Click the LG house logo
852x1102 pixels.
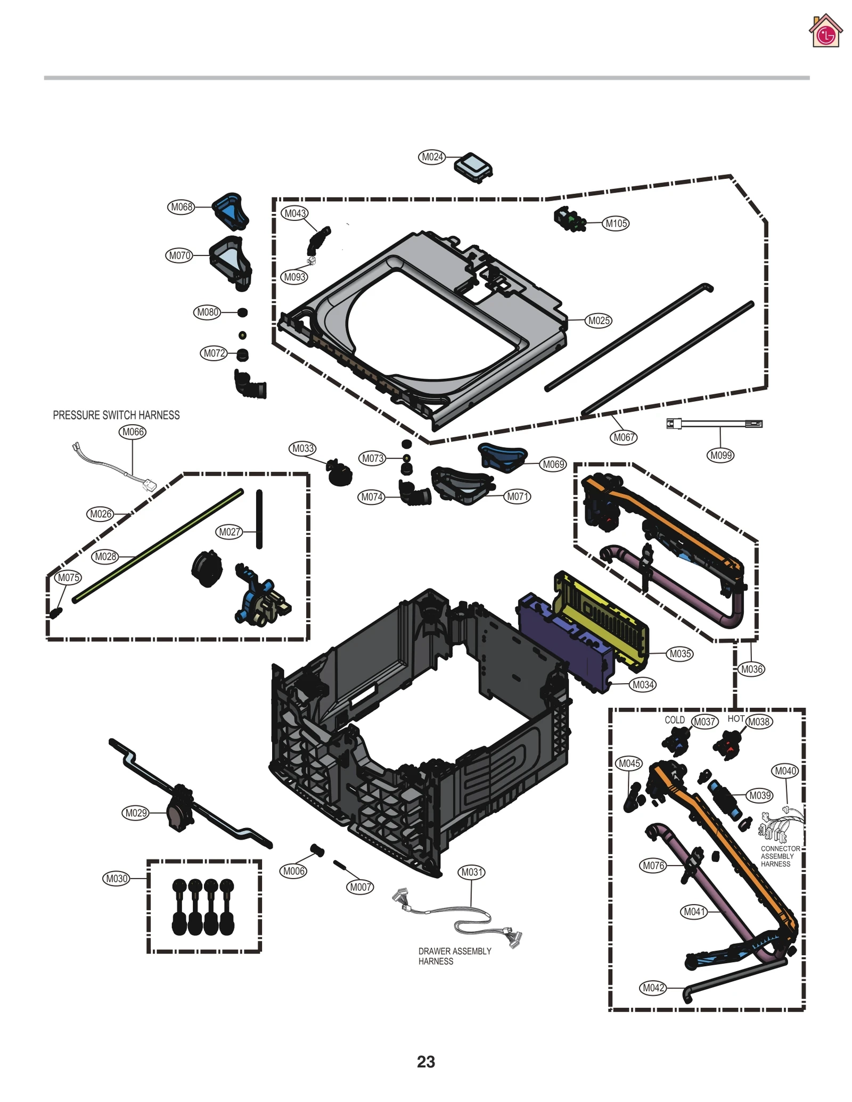pyautogui.click(x=825, y=31)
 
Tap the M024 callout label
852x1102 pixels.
pyautogui.click(x=432, y=157)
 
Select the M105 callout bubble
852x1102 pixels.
pyautogui.click(x=616, y=223)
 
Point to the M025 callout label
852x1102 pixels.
pyautogui.click(x=599, y=321)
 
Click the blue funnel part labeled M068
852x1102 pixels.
pyautogui.click(x=231, y=211)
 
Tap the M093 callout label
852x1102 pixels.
pyautogui.click(x=294, y=277)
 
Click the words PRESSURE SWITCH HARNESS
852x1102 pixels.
pyautogui.click(x=116, y=415)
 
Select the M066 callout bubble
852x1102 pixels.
pyautogui.click(x=133, y=432)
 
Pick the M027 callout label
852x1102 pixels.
pyautogui.click(x=230, y=532)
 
